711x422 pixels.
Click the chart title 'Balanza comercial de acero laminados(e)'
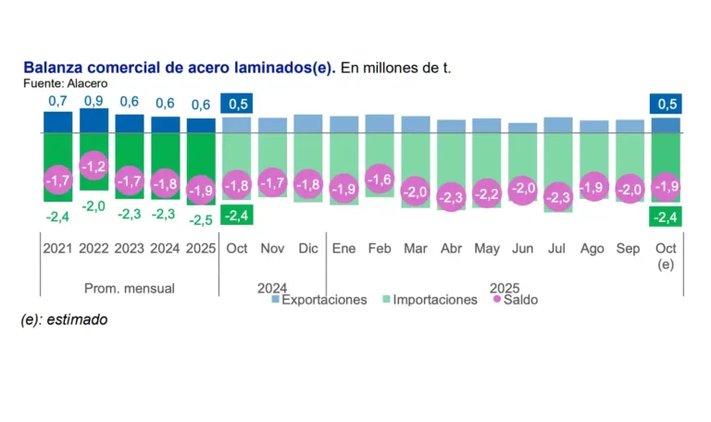click(180, 68)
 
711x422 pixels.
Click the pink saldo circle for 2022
click(94, 167)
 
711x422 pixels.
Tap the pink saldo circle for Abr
click(451, 196)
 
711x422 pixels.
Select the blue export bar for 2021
click(57, 122)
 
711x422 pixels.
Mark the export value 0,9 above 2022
click(94, 100)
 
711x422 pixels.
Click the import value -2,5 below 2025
click(201, 219)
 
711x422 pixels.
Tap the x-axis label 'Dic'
click(308, 249)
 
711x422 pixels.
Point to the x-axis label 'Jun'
click(522, 249)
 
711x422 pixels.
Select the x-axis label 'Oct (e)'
click(665, 255)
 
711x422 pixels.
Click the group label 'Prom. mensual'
click(130, 288)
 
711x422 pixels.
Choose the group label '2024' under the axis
click(272, 288)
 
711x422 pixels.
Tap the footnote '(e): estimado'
click(65, 320)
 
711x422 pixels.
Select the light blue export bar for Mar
click(415, 124)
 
